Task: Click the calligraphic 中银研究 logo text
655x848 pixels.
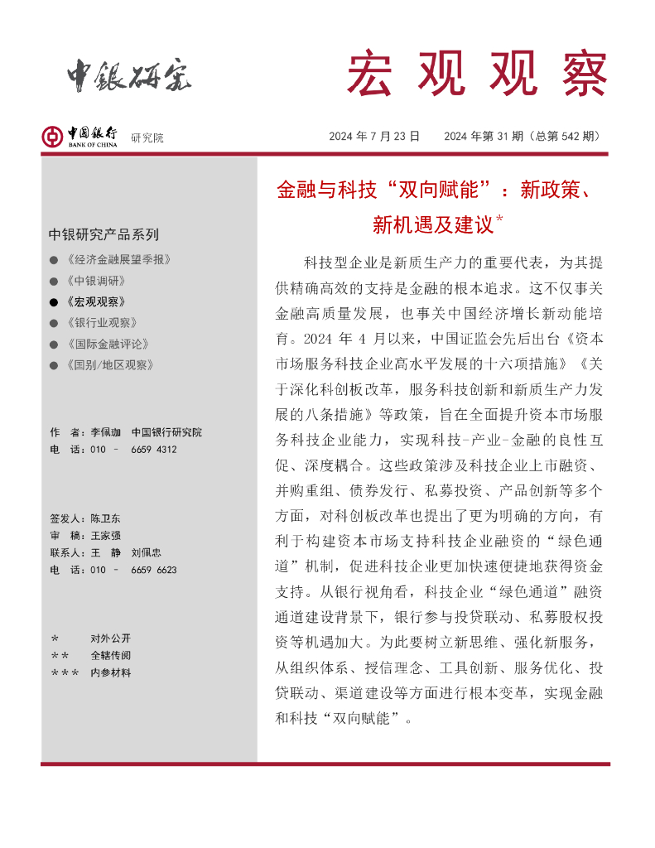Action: [129, 76]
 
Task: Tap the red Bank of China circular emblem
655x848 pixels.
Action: [52, 137]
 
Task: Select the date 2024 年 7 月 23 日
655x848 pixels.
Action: [374, 137]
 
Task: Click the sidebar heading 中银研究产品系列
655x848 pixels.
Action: [104, 234]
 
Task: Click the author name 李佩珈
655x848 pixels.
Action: [106, 432]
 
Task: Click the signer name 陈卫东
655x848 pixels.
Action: [106, 518]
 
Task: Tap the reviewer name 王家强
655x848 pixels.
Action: [106, 536]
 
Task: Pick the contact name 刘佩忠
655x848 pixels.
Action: [147, 552]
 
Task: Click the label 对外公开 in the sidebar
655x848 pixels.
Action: [110, 638]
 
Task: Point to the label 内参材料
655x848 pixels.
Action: [110, 672]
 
